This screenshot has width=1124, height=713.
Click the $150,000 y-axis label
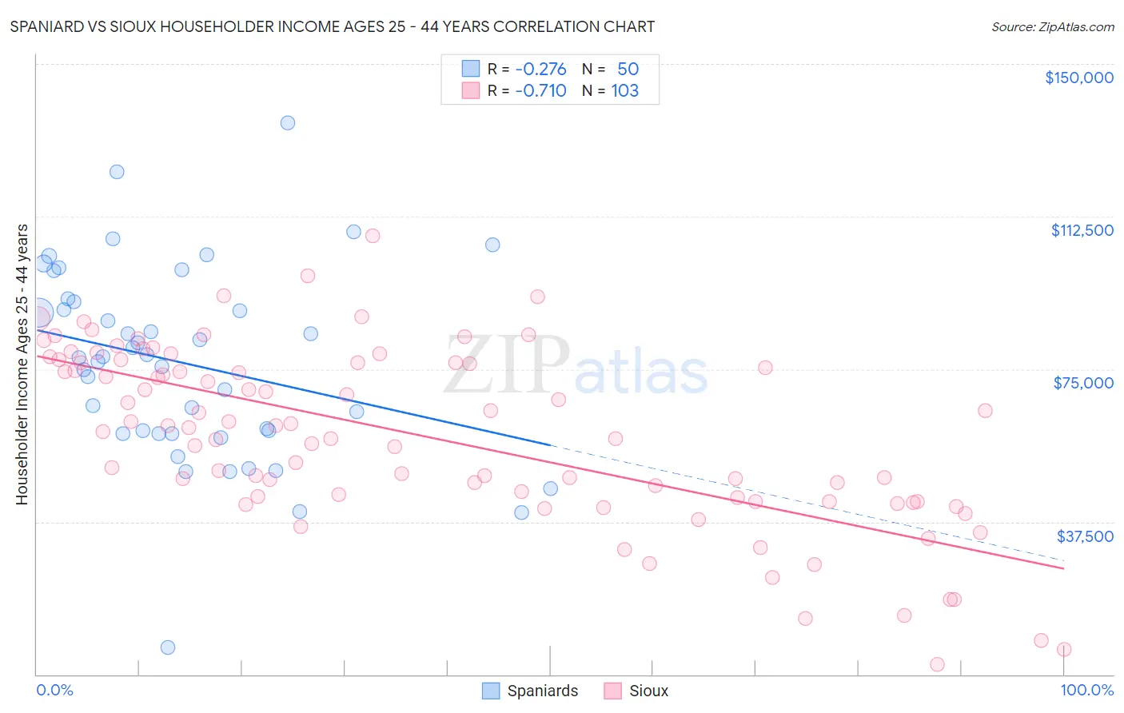(1078, 78)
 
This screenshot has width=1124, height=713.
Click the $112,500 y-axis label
(1082, 230)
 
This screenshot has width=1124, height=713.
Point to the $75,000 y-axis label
(1083, 383)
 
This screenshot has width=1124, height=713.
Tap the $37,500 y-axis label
(1085, 536)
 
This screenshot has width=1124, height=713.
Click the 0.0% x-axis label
(54, 690)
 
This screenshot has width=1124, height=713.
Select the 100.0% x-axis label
(1086, 690)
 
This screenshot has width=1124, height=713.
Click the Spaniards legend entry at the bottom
(530, 691)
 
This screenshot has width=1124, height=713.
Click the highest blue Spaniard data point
(288, 123)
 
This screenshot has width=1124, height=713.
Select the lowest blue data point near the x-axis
(168, 647)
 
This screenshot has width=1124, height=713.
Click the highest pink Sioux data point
(373, 236)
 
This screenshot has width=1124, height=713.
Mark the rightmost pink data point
(1064, 650)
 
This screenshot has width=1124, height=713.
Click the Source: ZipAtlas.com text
(1052, 27)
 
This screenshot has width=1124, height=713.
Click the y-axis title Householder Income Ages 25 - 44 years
(22, 364)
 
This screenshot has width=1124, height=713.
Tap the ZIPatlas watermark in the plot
(576, 366)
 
